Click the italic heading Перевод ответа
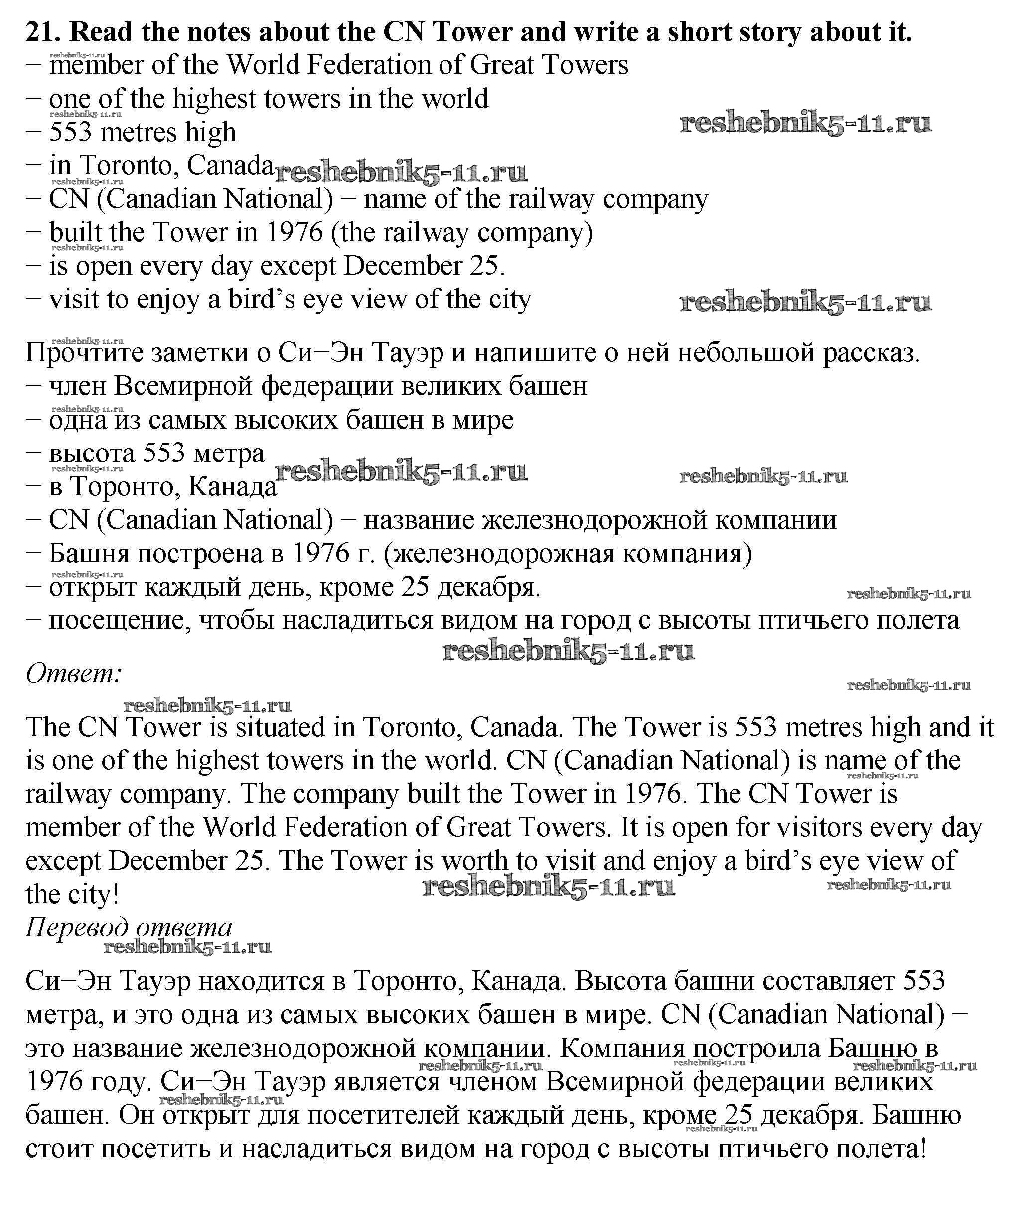[129, 927]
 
